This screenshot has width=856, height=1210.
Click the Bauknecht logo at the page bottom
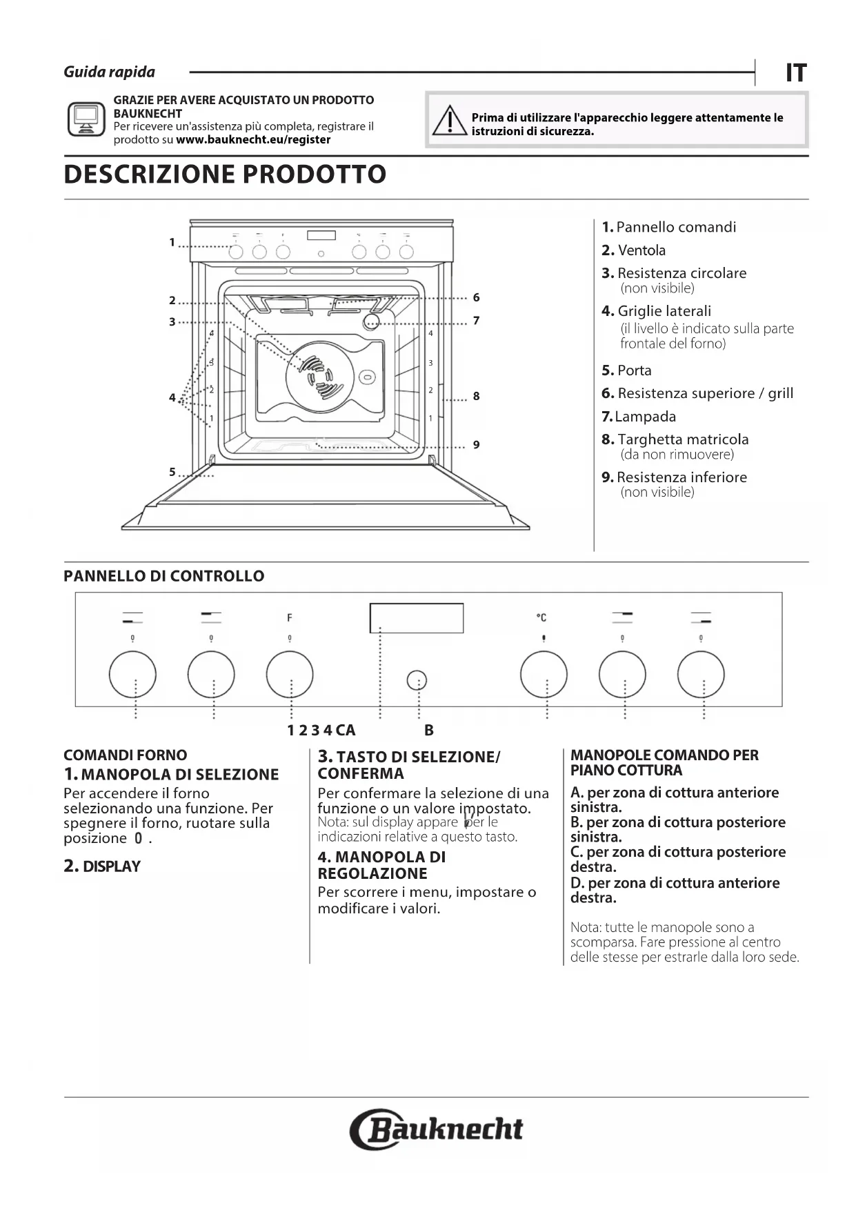437,1129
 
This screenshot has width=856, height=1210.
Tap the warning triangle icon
449,121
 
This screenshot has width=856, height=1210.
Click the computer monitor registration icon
86,119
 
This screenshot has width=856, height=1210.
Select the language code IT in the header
796,73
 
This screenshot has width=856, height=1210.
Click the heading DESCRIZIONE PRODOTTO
225,175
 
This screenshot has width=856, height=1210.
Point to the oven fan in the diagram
320,377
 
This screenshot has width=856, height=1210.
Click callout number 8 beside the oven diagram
476,396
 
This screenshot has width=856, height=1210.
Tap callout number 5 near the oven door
172,472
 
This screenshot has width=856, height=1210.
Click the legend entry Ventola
634,250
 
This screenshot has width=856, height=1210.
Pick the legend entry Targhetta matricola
675,439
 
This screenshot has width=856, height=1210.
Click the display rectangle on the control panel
416,618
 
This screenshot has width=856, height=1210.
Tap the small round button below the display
417,681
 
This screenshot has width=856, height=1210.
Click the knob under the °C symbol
544,674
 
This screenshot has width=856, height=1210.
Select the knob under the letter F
290,674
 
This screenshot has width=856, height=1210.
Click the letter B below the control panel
429,731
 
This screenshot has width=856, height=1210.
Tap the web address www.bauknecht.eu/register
253,139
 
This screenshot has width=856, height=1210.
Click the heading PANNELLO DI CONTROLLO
164,577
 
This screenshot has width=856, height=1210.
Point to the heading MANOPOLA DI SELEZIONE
179,775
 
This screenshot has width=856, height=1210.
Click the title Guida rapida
110,72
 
